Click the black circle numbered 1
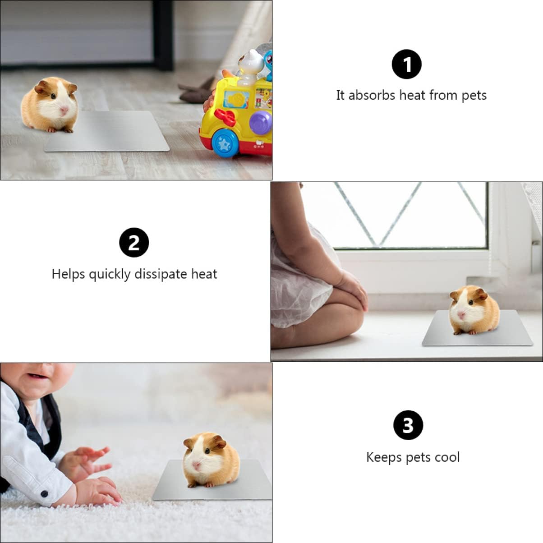pos(406,64)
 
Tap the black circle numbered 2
pos(134,243)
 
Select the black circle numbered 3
pos(408,425)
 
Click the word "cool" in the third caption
pos(446,457)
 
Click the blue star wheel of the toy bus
pos(224,143)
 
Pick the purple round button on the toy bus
pos(261,122)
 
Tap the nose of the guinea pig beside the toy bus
pos(64,110)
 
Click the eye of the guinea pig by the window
pos(470,303)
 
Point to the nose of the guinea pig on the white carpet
pos(197,465)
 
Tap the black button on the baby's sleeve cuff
pos(44,494)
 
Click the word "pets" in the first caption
pos(474,96)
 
